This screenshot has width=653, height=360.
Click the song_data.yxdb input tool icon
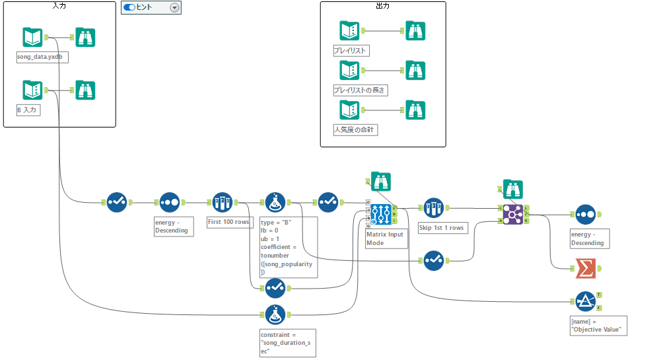click(32, 38)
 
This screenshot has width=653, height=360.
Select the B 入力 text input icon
click(32, 90)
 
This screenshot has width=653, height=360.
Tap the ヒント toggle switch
click(129, 7)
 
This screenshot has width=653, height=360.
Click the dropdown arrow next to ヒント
click(174, 7)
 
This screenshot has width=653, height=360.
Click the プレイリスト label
click(350, 50)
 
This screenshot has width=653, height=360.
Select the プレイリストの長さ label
click(360, 90)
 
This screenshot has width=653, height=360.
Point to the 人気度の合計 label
click(355, 130)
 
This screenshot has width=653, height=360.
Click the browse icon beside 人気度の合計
click(415, 110)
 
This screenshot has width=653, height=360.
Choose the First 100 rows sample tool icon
click(223, 202)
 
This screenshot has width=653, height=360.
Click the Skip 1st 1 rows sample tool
click(433, 208)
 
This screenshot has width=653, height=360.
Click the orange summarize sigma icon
click(584, 268)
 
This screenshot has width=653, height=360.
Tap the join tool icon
click(513, 214)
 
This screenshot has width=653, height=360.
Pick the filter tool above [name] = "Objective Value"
click(584, 301)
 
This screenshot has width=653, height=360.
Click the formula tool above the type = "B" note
click(275, 202)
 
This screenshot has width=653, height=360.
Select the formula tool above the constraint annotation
click(275, 314)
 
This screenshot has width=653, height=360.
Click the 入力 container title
click(59, 5)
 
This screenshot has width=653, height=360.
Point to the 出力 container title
click(382, 5)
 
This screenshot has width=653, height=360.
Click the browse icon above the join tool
click(512, 189)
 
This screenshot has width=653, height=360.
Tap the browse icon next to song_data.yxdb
click(85, 38)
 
